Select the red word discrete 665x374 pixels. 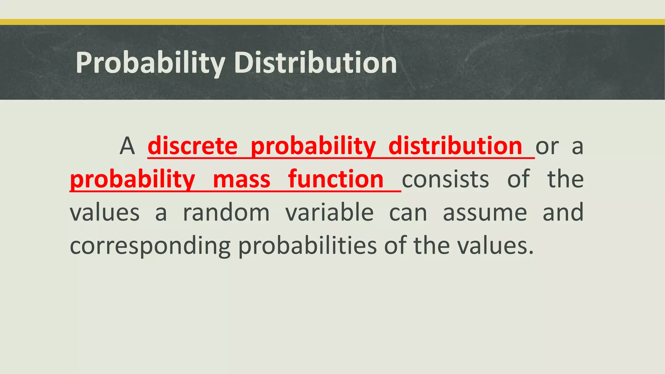pos(193,146)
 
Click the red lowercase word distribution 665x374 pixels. pos(455,146)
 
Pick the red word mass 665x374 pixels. pos(242,180)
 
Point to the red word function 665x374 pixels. pos(336,180)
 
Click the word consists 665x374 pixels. pos(445,180)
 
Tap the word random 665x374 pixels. pos(226,213)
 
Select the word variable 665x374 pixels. pos(330,213)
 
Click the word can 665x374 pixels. pos(408,213)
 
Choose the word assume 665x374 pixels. pos(485,213)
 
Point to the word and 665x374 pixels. pos(563,213)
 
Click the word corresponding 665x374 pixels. pos(150,246)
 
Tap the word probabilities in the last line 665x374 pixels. pos(307,246)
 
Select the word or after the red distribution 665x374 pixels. pos(547,146)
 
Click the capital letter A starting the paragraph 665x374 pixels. pos(127,146)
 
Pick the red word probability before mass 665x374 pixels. pos(132,180)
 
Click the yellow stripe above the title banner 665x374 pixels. pos(332,22)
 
